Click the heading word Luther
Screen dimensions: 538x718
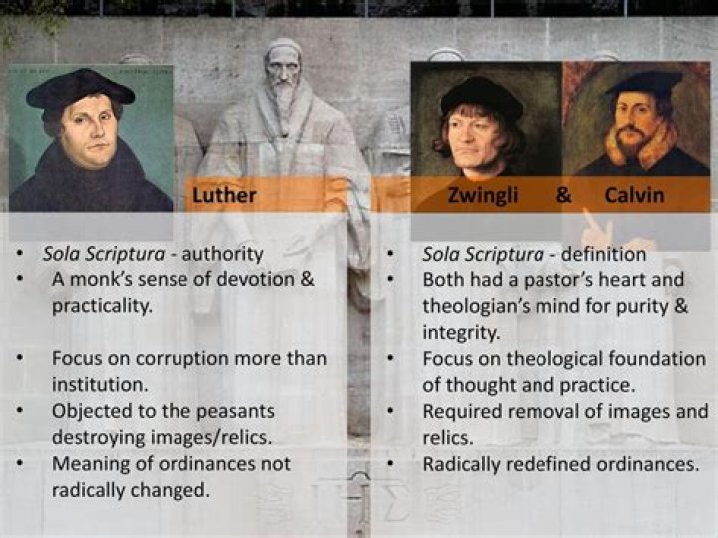(x=225, y=195)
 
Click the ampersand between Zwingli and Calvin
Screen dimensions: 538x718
(x=564, y=195)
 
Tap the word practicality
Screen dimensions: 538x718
(x=102, y=305)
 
